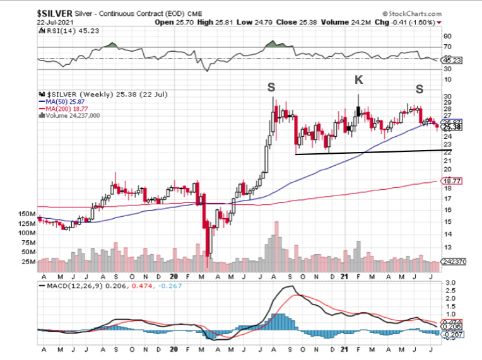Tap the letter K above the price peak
[x=358, y=79]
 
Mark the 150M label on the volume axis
[x=28, y=214]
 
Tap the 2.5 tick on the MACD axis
[x=449, y=292]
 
